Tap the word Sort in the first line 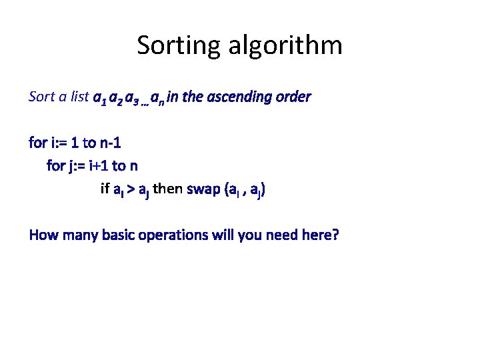click(41, 97)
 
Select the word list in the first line click(79, 97)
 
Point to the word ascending click(241, 97)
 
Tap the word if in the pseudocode click(104, 189)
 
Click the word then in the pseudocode click(168, 189)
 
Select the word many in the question click(78, 235)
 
